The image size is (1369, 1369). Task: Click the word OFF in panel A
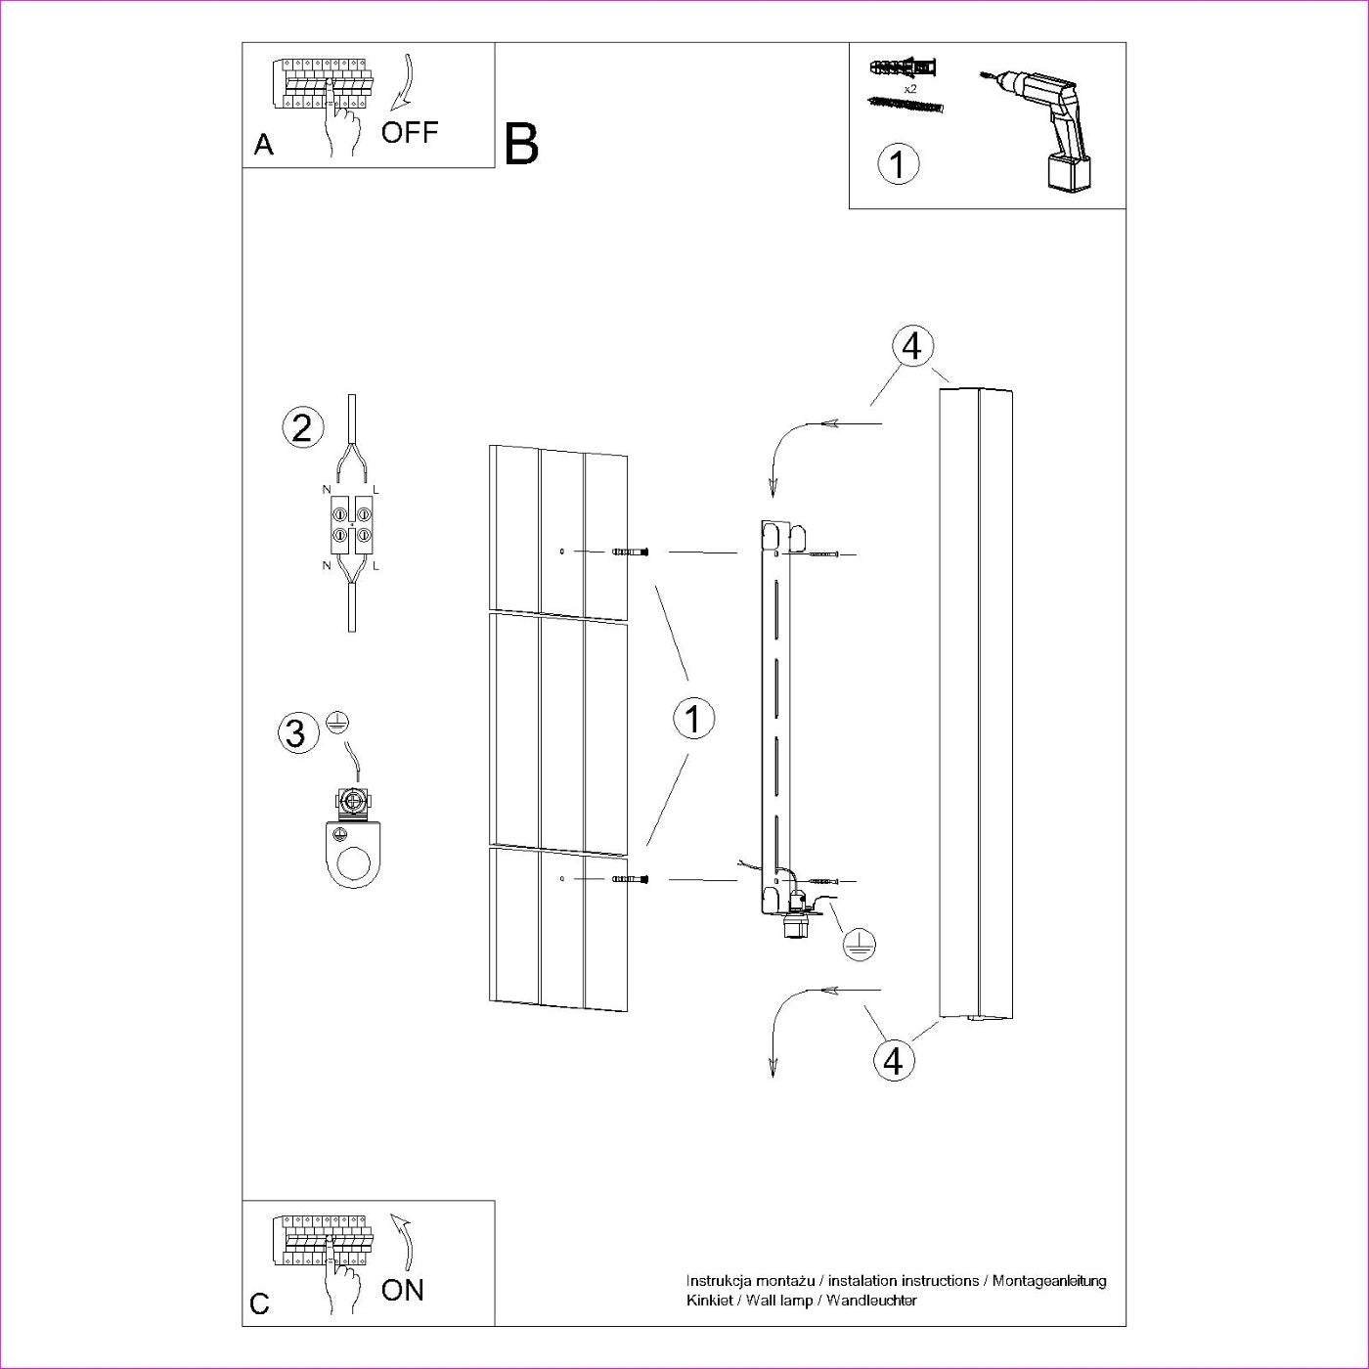coord(410,132)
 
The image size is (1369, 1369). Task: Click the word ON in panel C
coord(403,1290)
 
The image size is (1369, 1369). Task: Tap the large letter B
coord(522,144)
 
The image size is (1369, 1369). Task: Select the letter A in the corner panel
coord(264,146)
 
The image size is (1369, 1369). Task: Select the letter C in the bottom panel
coord(260,1303)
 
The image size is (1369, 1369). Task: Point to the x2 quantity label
coord(909,88)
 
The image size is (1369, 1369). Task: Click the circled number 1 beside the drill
coord(899,163)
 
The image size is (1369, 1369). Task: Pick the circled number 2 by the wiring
coord(301,427)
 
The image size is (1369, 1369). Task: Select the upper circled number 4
coord(912,346)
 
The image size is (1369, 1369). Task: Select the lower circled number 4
coord(893,1059)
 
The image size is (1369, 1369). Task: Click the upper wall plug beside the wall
coord(631,552)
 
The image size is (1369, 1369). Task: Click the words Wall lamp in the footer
coord(779,1300)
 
